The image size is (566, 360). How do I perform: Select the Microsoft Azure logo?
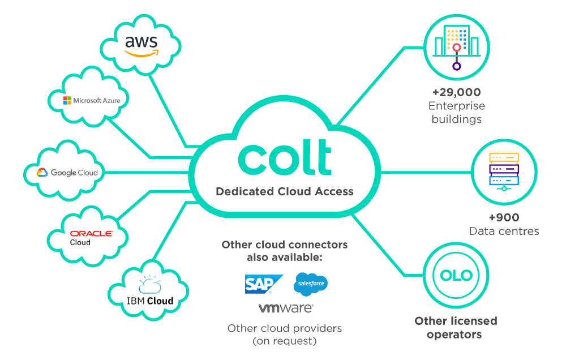[x=95, y=100]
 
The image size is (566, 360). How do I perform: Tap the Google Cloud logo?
[x=67, y=173]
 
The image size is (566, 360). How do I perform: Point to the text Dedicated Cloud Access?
[x=285, y=191]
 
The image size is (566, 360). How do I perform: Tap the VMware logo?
[x=285, y=308]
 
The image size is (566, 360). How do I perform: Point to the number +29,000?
[x=456, y=92]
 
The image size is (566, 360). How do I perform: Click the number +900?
[x=503, y=217]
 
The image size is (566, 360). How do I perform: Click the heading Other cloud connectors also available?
[x=285, y=251]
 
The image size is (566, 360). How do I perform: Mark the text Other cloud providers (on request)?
[x=285, y=335]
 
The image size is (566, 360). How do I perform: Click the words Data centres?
[x=503, y=231]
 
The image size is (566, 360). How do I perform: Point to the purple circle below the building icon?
[x=456, y=66]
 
